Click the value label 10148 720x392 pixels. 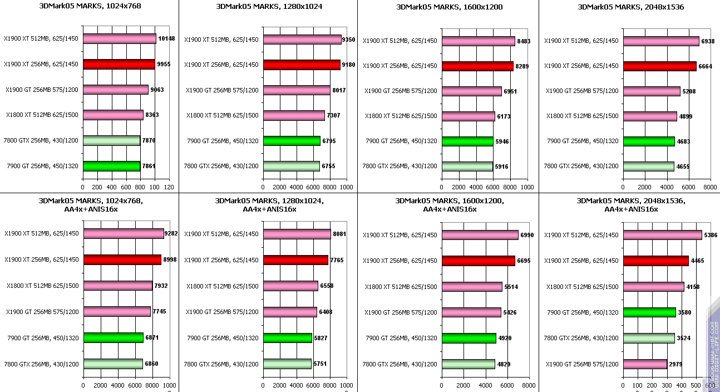166,39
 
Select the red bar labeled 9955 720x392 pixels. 119,64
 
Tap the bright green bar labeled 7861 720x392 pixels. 111,165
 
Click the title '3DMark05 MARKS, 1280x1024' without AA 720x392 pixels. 269,7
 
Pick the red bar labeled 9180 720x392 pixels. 302,65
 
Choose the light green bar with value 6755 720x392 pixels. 292,165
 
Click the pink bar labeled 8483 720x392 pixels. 478,41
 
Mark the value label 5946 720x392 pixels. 502,141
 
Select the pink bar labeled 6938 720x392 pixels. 661,41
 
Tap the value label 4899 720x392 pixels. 686,116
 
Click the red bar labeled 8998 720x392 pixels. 122,259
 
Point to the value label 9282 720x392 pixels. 171,234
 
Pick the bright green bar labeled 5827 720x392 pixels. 288,337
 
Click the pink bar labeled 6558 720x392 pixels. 290,286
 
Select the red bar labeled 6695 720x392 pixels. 478,261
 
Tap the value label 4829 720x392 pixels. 504,364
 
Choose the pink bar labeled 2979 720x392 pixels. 645,364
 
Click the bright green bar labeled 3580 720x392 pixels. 649,312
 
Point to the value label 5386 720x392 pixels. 711,235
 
